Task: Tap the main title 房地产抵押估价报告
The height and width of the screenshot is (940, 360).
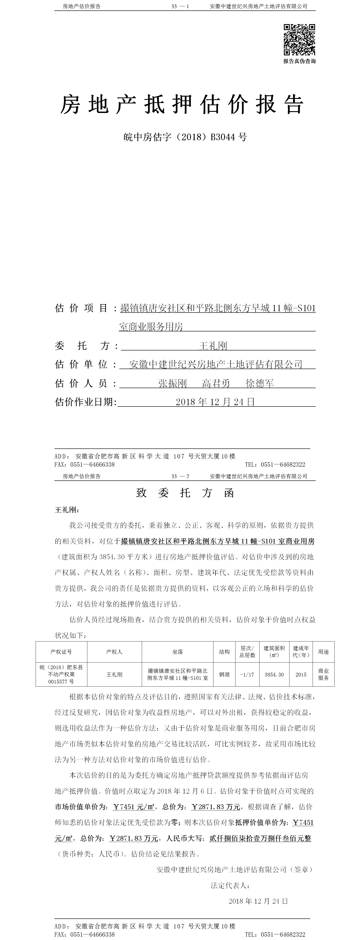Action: coord(182,105)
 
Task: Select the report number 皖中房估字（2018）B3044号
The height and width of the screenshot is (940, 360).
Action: coord(185,137)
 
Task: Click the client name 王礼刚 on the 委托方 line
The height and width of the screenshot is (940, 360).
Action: coord(213,345)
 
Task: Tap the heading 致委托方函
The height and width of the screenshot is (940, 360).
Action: coord(185,493)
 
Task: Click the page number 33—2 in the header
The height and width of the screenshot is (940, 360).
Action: coord(180,476)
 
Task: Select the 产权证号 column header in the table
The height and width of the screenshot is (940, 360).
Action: coord(61,652)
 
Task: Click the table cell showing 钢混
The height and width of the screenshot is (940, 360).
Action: coord(224,674)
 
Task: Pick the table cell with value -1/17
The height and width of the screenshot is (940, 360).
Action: coord(247,674)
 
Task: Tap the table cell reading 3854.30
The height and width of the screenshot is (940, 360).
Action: coord(274,674)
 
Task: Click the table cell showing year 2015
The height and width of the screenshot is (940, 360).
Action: coord(301,674)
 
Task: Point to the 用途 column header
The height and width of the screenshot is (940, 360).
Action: coord(323,652)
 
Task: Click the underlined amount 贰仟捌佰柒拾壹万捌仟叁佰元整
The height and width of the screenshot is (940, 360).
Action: coord(260,838)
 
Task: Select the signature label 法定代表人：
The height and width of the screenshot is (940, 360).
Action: coord(230,885)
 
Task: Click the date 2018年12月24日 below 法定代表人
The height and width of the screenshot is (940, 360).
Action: coord(258,901)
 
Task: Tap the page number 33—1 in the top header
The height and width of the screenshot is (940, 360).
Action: coord(180,6)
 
